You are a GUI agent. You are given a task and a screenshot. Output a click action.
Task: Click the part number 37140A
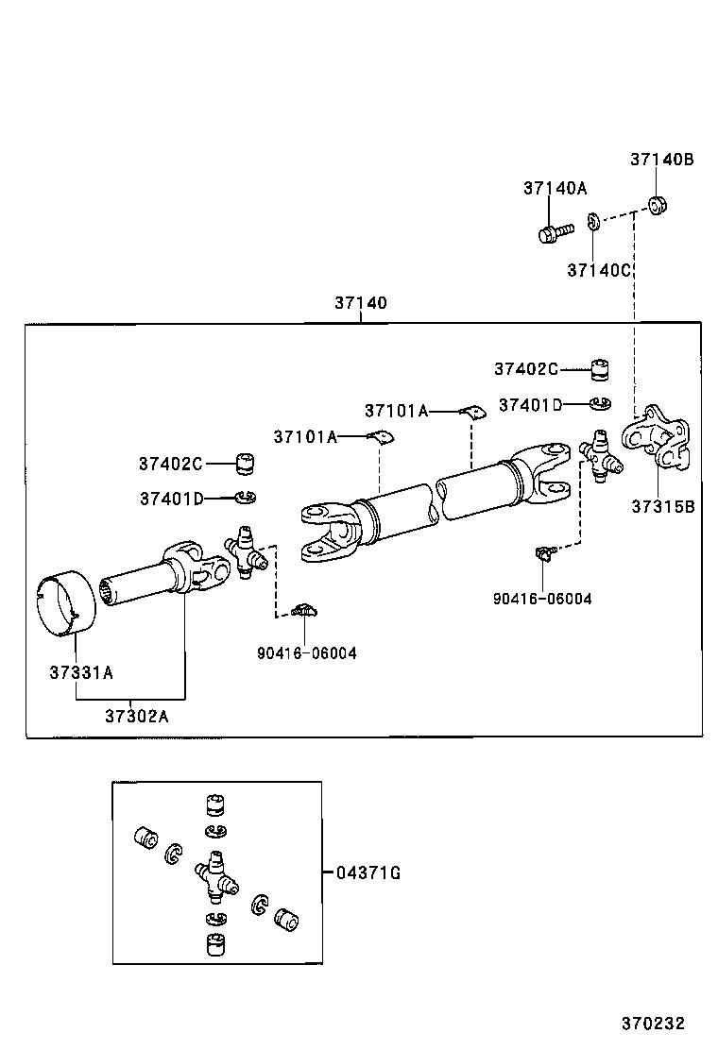555,188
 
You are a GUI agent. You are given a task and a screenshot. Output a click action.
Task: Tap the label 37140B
661,160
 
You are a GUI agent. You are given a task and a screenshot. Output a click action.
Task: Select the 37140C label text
598,270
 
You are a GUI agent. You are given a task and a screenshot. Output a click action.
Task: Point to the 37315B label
663,506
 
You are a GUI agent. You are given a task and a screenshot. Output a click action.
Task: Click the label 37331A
81,672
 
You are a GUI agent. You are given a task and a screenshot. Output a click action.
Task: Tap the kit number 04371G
368,873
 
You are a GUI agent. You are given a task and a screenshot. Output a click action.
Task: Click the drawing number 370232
652,1023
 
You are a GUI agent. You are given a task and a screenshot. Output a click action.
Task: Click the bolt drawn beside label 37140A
555,231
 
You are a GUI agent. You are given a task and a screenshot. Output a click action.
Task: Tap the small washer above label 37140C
592,223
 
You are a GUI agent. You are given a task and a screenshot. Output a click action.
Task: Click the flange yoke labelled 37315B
658,439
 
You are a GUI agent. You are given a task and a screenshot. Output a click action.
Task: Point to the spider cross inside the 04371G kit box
215,875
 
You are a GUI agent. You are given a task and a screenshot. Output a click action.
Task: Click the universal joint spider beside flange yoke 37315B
600,454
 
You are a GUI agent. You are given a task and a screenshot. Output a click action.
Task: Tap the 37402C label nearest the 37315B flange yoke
525,368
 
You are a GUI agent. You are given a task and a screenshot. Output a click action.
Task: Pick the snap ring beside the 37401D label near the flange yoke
597,405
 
